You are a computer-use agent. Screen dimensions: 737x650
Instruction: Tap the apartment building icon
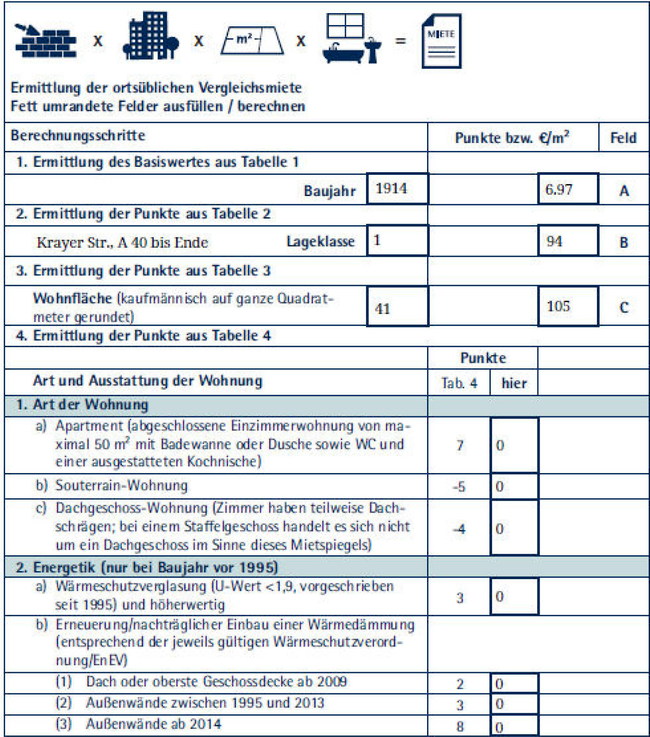pyautogui.click(x=150, y=36)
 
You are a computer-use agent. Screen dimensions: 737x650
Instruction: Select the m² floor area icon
pyautogui.click(x=252, y=41)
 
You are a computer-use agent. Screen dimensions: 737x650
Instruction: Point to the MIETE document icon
pyautogui.click(x=441, y=41)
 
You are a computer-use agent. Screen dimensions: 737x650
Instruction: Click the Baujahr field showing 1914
pyautogui.click(x=397, y=189)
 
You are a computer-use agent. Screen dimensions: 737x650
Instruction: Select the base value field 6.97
pyautogui.click(x=568, y=189)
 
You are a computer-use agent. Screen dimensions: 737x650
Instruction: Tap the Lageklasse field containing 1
pyautogui.click(x=397, y=241)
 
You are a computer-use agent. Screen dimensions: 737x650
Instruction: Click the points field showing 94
pyautogui.click(x=568, y=241)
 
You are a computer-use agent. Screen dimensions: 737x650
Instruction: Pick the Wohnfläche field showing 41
pyautogui.click(x=397, y=307)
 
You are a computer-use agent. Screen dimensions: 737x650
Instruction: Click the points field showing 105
pyautogui.click(x=568, y=306)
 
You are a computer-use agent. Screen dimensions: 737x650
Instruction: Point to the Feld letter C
pyautogui.click(x=623, y=307)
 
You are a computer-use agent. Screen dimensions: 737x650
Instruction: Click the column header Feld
pyautogui.click(x=623, y=137)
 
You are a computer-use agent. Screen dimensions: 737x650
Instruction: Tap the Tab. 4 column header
pyautogui.click(x=459, y=383)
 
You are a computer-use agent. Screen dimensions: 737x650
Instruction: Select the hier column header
pyautogui.click(x=514, y=383)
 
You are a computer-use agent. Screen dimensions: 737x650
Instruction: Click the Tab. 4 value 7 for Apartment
pyautogui.click(x=459, y=445)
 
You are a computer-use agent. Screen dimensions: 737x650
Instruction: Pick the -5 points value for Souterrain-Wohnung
pyautogui.click(x=459, y=486)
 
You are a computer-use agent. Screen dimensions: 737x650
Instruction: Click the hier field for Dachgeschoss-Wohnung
pyautogui.click(x=514, y=528)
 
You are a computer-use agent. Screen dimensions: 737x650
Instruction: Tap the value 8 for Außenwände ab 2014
pyautogui.click(x=459, y=726)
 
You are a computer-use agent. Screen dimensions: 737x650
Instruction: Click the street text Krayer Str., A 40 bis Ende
pyautogui.click(x=122, y=243)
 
